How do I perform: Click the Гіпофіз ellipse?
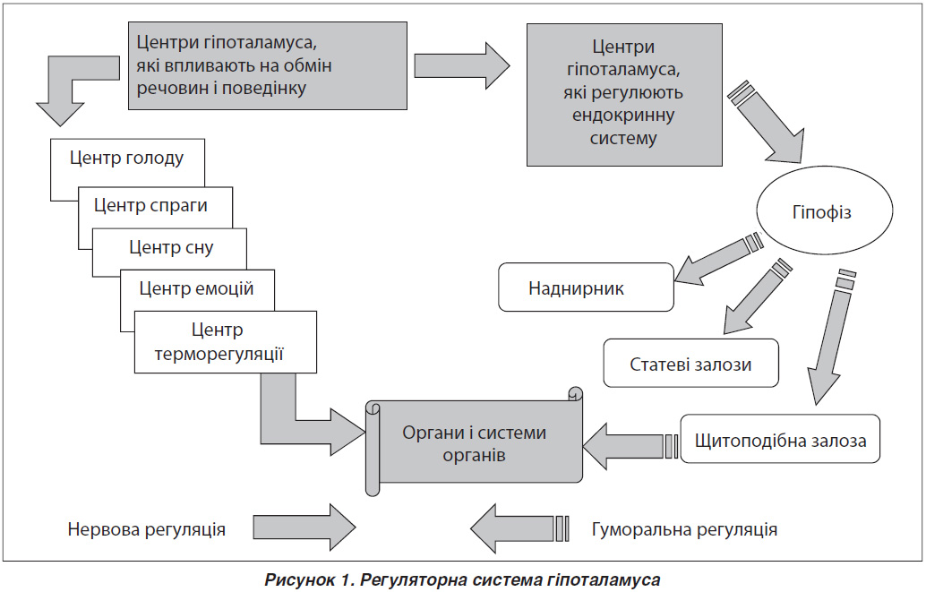[825, 211]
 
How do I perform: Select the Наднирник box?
[586, 287]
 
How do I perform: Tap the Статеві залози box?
[691, 363]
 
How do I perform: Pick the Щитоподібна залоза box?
[780, 438]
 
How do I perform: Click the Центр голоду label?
[126, 158]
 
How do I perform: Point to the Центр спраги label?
[150, 206]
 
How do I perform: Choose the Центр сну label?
[171, 247]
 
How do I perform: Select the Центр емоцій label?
[196, 288]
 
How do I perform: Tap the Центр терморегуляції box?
[226, 342]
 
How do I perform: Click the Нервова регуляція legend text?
[147, 528]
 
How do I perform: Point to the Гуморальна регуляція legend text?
[684, 528]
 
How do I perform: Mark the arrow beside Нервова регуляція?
[304, 527]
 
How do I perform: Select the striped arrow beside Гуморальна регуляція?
[519, 528]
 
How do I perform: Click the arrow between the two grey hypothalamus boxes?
[462, 65]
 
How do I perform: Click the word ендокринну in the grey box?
[623, 115]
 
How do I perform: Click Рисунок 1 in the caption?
[307, 579]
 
